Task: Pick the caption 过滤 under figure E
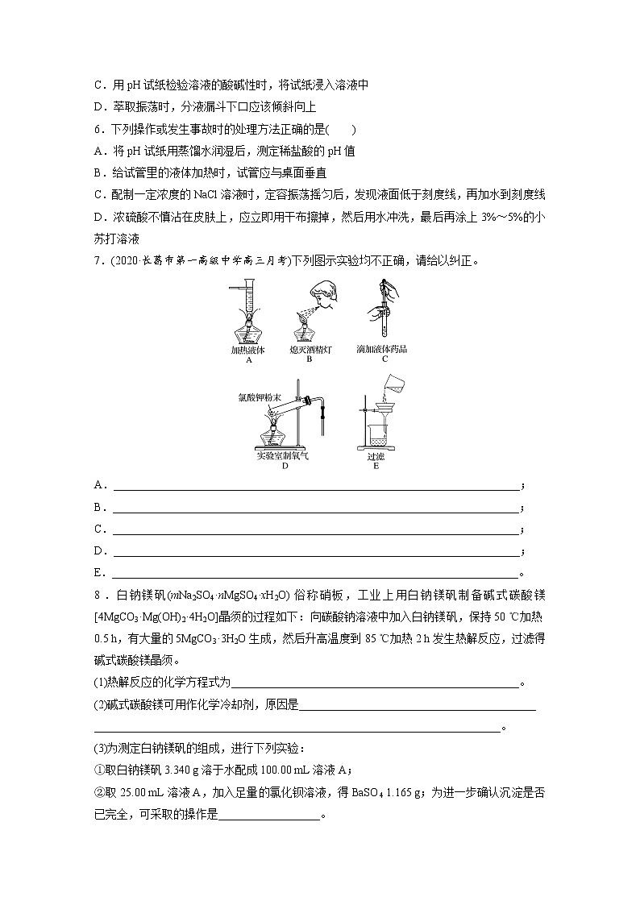(x=376, y=456)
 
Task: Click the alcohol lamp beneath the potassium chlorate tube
(x=277, y=438)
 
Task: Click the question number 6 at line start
(x=98, y=129)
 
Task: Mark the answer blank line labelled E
(x=314, y=573)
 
